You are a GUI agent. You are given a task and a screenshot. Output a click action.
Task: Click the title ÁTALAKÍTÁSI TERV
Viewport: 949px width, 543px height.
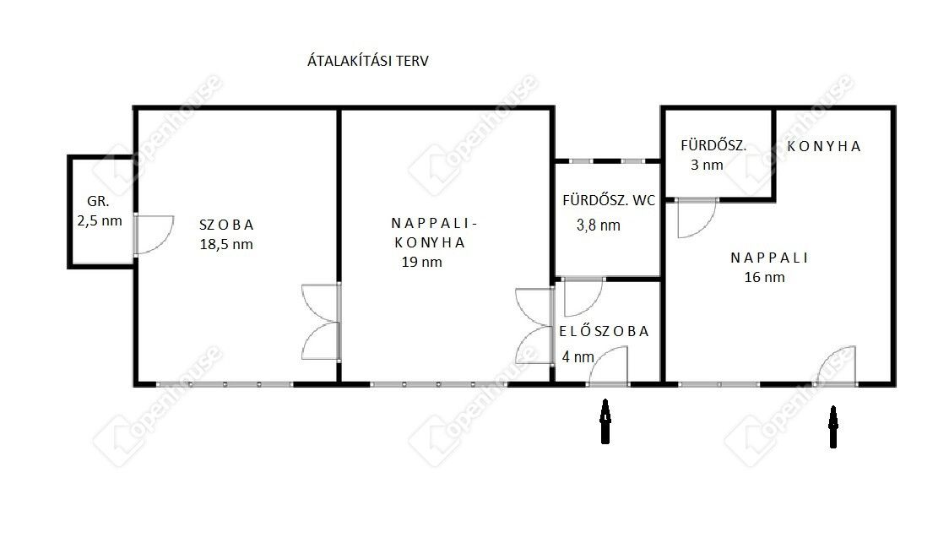point(368,61)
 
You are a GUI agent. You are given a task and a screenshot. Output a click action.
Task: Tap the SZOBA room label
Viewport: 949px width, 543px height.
point(226,225)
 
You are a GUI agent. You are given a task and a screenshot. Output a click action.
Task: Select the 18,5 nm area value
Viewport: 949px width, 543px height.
point(226,245)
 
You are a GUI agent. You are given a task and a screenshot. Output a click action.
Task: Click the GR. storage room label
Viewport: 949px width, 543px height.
point(98,202)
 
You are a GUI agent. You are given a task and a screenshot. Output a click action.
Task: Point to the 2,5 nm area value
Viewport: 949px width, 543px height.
point(100,221)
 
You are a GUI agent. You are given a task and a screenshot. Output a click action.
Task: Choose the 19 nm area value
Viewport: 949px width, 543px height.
point(422,262)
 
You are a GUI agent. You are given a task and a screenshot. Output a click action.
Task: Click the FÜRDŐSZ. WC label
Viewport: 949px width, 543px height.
point(609,200)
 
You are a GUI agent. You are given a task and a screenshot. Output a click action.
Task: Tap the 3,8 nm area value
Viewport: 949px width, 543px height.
point(599,225)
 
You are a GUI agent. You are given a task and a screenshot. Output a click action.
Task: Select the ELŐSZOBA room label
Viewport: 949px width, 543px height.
point(604,331)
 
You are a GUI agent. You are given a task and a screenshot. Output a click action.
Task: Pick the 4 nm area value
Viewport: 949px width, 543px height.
point(578,357)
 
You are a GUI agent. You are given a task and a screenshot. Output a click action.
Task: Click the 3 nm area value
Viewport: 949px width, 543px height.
point(707,165)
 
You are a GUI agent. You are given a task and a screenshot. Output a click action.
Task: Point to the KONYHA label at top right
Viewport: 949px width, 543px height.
point(824,146)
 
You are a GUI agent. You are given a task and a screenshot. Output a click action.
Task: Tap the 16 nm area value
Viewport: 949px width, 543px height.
point(764,277)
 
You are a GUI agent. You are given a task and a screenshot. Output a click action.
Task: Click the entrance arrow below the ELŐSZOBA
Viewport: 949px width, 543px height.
point(605,421)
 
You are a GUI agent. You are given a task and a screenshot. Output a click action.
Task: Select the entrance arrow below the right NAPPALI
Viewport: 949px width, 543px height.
point(833,426)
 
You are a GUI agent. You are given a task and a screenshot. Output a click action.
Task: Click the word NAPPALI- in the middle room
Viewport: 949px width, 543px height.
point(435,224)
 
